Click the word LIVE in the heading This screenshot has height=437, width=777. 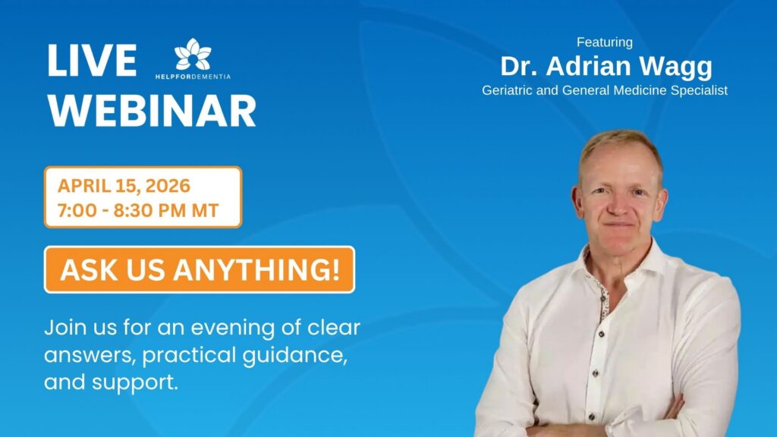(x=92, y=61)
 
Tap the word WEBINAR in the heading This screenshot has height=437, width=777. (x=152, y=111)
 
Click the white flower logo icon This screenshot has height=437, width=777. (x=193, y=54)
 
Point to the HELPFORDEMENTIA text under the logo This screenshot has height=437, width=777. (x=193, y=77)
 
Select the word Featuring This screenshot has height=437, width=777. (x=605, y=42)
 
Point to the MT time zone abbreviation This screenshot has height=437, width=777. (x=205, y=211)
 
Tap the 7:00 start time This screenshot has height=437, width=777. (x=77, y=211)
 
